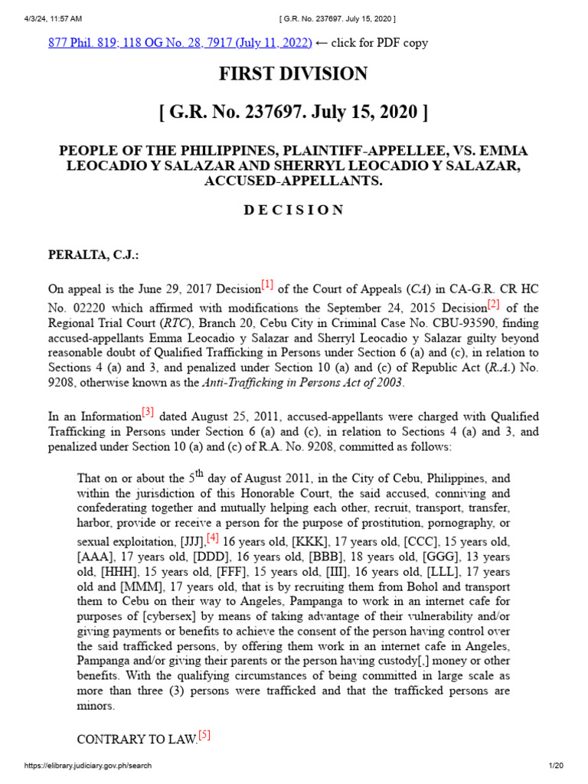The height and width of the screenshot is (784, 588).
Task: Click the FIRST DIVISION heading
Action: coord(293,74)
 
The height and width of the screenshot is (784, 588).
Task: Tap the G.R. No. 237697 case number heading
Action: coord(293,113)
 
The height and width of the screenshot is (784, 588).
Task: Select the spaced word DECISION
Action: coord(293,211)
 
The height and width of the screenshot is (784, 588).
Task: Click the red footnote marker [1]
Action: coord(266,286)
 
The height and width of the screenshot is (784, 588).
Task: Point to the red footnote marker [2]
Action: coord(494,305)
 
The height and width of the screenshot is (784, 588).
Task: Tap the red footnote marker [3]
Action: coord(147,413)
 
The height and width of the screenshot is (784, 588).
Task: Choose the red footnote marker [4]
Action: coord(212,538)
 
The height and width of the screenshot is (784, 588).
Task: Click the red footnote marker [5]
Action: coord(204,737)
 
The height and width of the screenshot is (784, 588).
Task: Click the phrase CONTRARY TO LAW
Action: coord(136,740)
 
